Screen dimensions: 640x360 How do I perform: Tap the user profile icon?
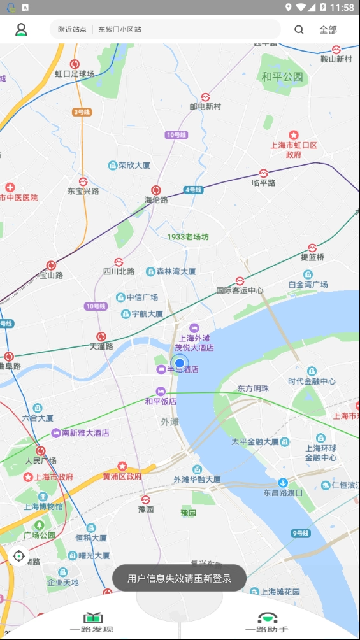tap(21, 29)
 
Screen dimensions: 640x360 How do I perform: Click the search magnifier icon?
tap(299, 29)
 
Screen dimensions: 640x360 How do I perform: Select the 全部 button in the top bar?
tap(328, 29)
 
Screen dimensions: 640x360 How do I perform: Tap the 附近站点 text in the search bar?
tap(72, 29)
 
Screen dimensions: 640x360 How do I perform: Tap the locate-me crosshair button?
tap(18, 556)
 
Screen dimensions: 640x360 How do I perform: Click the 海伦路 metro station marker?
tap(156, 190)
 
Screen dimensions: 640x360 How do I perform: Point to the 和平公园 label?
tap(282, 77)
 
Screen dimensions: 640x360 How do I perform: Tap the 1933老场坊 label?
tap(188, 237)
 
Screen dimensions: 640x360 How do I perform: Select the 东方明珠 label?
tap(253, 388)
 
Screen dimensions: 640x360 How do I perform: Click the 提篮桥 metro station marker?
tap(312, 248)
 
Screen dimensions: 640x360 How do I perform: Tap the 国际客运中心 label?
tap(240, 290)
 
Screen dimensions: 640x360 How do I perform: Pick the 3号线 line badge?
tap(82, 112)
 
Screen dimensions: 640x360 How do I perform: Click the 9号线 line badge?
tap(300, 533)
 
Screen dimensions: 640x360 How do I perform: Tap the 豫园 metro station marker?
tap(146, 500)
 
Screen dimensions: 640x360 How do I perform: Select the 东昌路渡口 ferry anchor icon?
tap(283, 483)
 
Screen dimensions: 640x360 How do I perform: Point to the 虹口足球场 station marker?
tap(75, 64)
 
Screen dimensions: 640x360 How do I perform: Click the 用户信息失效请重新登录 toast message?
tap(179, 578)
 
